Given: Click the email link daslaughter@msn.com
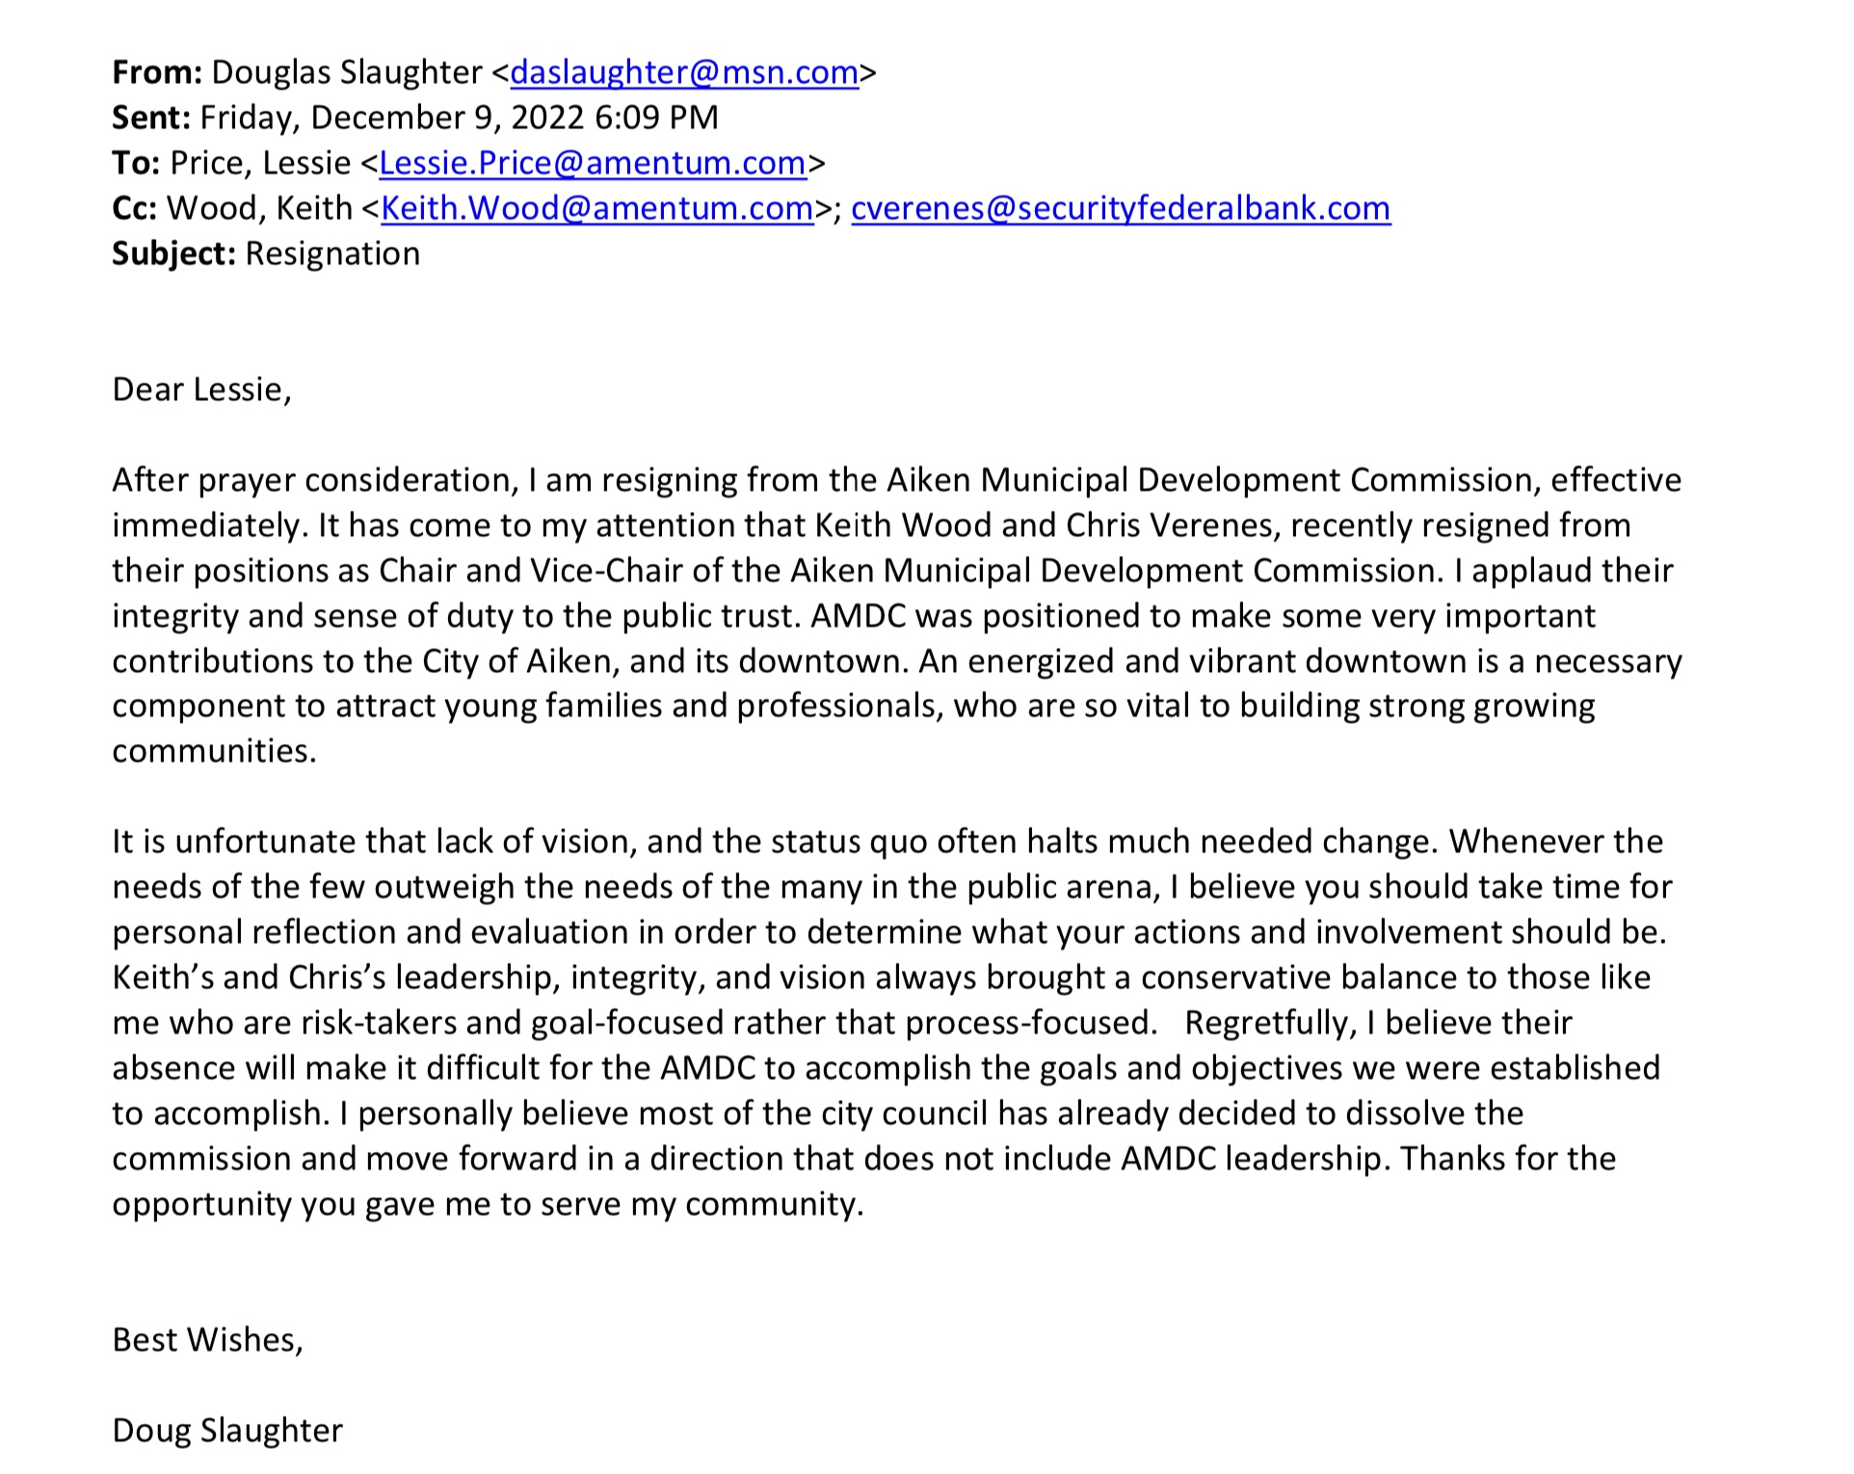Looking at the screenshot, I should pyautogui.click(x=684, y=72).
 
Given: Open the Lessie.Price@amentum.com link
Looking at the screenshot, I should pyautogui.click(x=593, y=163).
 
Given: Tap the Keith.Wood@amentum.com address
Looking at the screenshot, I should pyautogui.click(x=597, y=208).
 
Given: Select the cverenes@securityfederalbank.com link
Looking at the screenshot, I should pyautogui.click(x=1121, y=208).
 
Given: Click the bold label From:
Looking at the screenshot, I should pyautogui.click(x=157, y=72).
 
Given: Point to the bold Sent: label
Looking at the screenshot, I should pyautogui.click(x=151, y=118).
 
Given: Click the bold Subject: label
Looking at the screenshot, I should pyautogui.click(x=173, y=254).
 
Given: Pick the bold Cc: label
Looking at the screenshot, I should pyautogui.click(x=135, y=208).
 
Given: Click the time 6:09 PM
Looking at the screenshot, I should pyautogui.click(x=656, y=118).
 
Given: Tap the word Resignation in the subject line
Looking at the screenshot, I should pyautogui.click(x=332, y=254).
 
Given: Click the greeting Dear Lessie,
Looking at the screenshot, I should pyautogui.click(x=201, y=389).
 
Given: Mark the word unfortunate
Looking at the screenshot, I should pyautogui.click(x=266, y=842).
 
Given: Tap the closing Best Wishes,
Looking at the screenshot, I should pyautogui.click(x=207, y=1340).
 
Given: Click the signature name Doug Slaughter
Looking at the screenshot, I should pyautogui.click(x=227, y=1431).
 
